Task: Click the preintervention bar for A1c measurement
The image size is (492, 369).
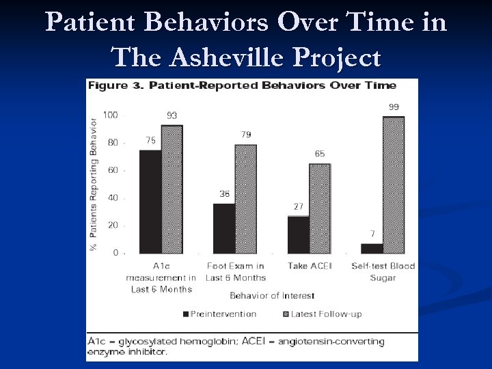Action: pos(150,202)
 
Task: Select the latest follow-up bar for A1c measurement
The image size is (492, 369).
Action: pos(172,189)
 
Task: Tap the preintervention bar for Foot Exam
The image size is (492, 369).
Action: pos(224,228)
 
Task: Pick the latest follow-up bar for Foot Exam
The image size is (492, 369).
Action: pos(246,199)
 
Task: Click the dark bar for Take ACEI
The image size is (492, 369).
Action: pos(298,234)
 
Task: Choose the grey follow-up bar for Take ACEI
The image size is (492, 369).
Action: pos(320,208)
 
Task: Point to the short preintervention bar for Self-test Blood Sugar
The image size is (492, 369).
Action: pos(372,248)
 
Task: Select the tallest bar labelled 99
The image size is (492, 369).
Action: pos(394,185)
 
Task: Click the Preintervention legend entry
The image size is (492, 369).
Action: pos(219,314)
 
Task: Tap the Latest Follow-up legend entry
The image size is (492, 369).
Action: pos(320,314)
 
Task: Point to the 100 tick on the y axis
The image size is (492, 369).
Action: pos(110,115)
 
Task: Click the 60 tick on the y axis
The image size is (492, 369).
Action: pos(112,170)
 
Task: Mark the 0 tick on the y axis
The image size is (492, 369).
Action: pos(115,253)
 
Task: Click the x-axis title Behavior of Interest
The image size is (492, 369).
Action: pos(272,296)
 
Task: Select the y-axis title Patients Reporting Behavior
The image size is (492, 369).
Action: pos(94,184)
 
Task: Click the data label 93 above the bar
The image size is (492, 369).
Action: pos(172,115)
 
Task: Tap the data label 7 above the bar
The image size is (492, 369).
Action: pos(372,234)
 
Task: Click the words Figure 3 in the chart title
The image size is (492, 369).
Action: pos(108,85)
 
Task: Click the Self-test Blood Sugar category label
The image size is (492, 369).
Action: pos(383,271)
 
